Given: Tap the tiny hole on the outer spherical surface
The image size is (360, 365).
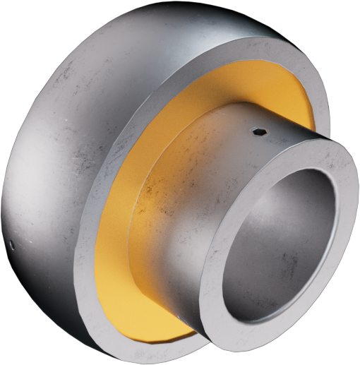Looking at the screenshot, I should tap(12, 245).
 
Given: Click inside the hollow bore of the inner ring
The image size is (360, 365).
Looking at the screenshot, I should tap(282, 247).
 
